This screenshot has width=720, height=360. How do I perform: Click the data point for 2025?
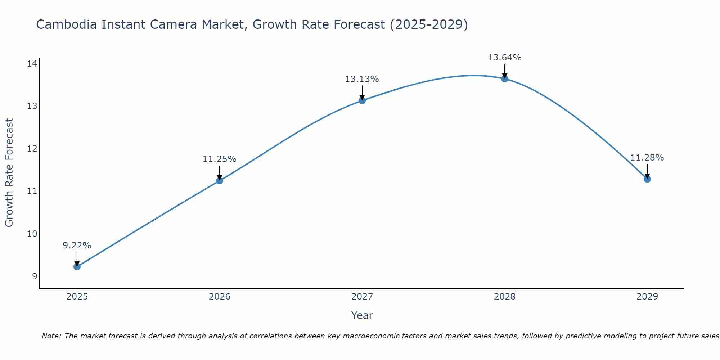coord(77,267)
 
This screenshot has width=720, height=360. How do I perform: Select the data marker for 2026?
coord(220,181)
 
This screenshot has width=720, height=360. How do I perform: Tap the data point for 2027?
coord(362,100)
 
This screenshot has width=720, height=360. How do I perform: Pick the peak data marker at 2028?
coord(505,79)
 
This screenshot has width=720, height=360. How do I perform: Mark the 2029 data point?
coord(647,179)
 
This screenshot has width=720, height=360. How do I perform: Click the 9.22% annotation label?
coord(77,246)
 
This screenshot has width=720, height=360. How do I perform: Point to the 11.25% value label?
coord(220,159)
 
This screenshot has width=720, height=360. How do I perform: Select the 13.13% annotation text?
coord(362,79)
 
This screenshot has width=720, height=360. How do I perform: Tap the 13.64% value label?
coord(505,58)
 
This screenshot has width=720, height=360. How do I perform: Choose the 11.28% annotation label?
coord(647,158)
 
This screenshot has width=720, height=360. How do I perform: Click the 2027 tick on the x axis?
coord(362,297)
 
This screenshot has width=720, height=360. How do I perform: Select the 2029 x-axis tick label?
coord(647,297)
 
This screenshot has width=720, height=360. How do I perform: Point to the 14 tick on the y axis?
coord(32,64)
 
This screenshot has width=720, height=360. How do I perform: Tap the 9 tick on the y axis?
coord(35,276)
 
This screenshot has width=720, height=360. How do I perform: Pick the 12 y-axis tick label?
coord(32,149)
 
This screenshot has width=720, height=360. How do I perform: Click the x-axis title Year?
coord(362,315)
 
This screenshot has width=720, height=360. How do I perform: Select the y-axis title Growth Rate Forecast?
coord(9,173)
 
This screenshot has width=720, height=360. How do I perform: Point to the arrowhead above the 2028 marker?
coord(505,76)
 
